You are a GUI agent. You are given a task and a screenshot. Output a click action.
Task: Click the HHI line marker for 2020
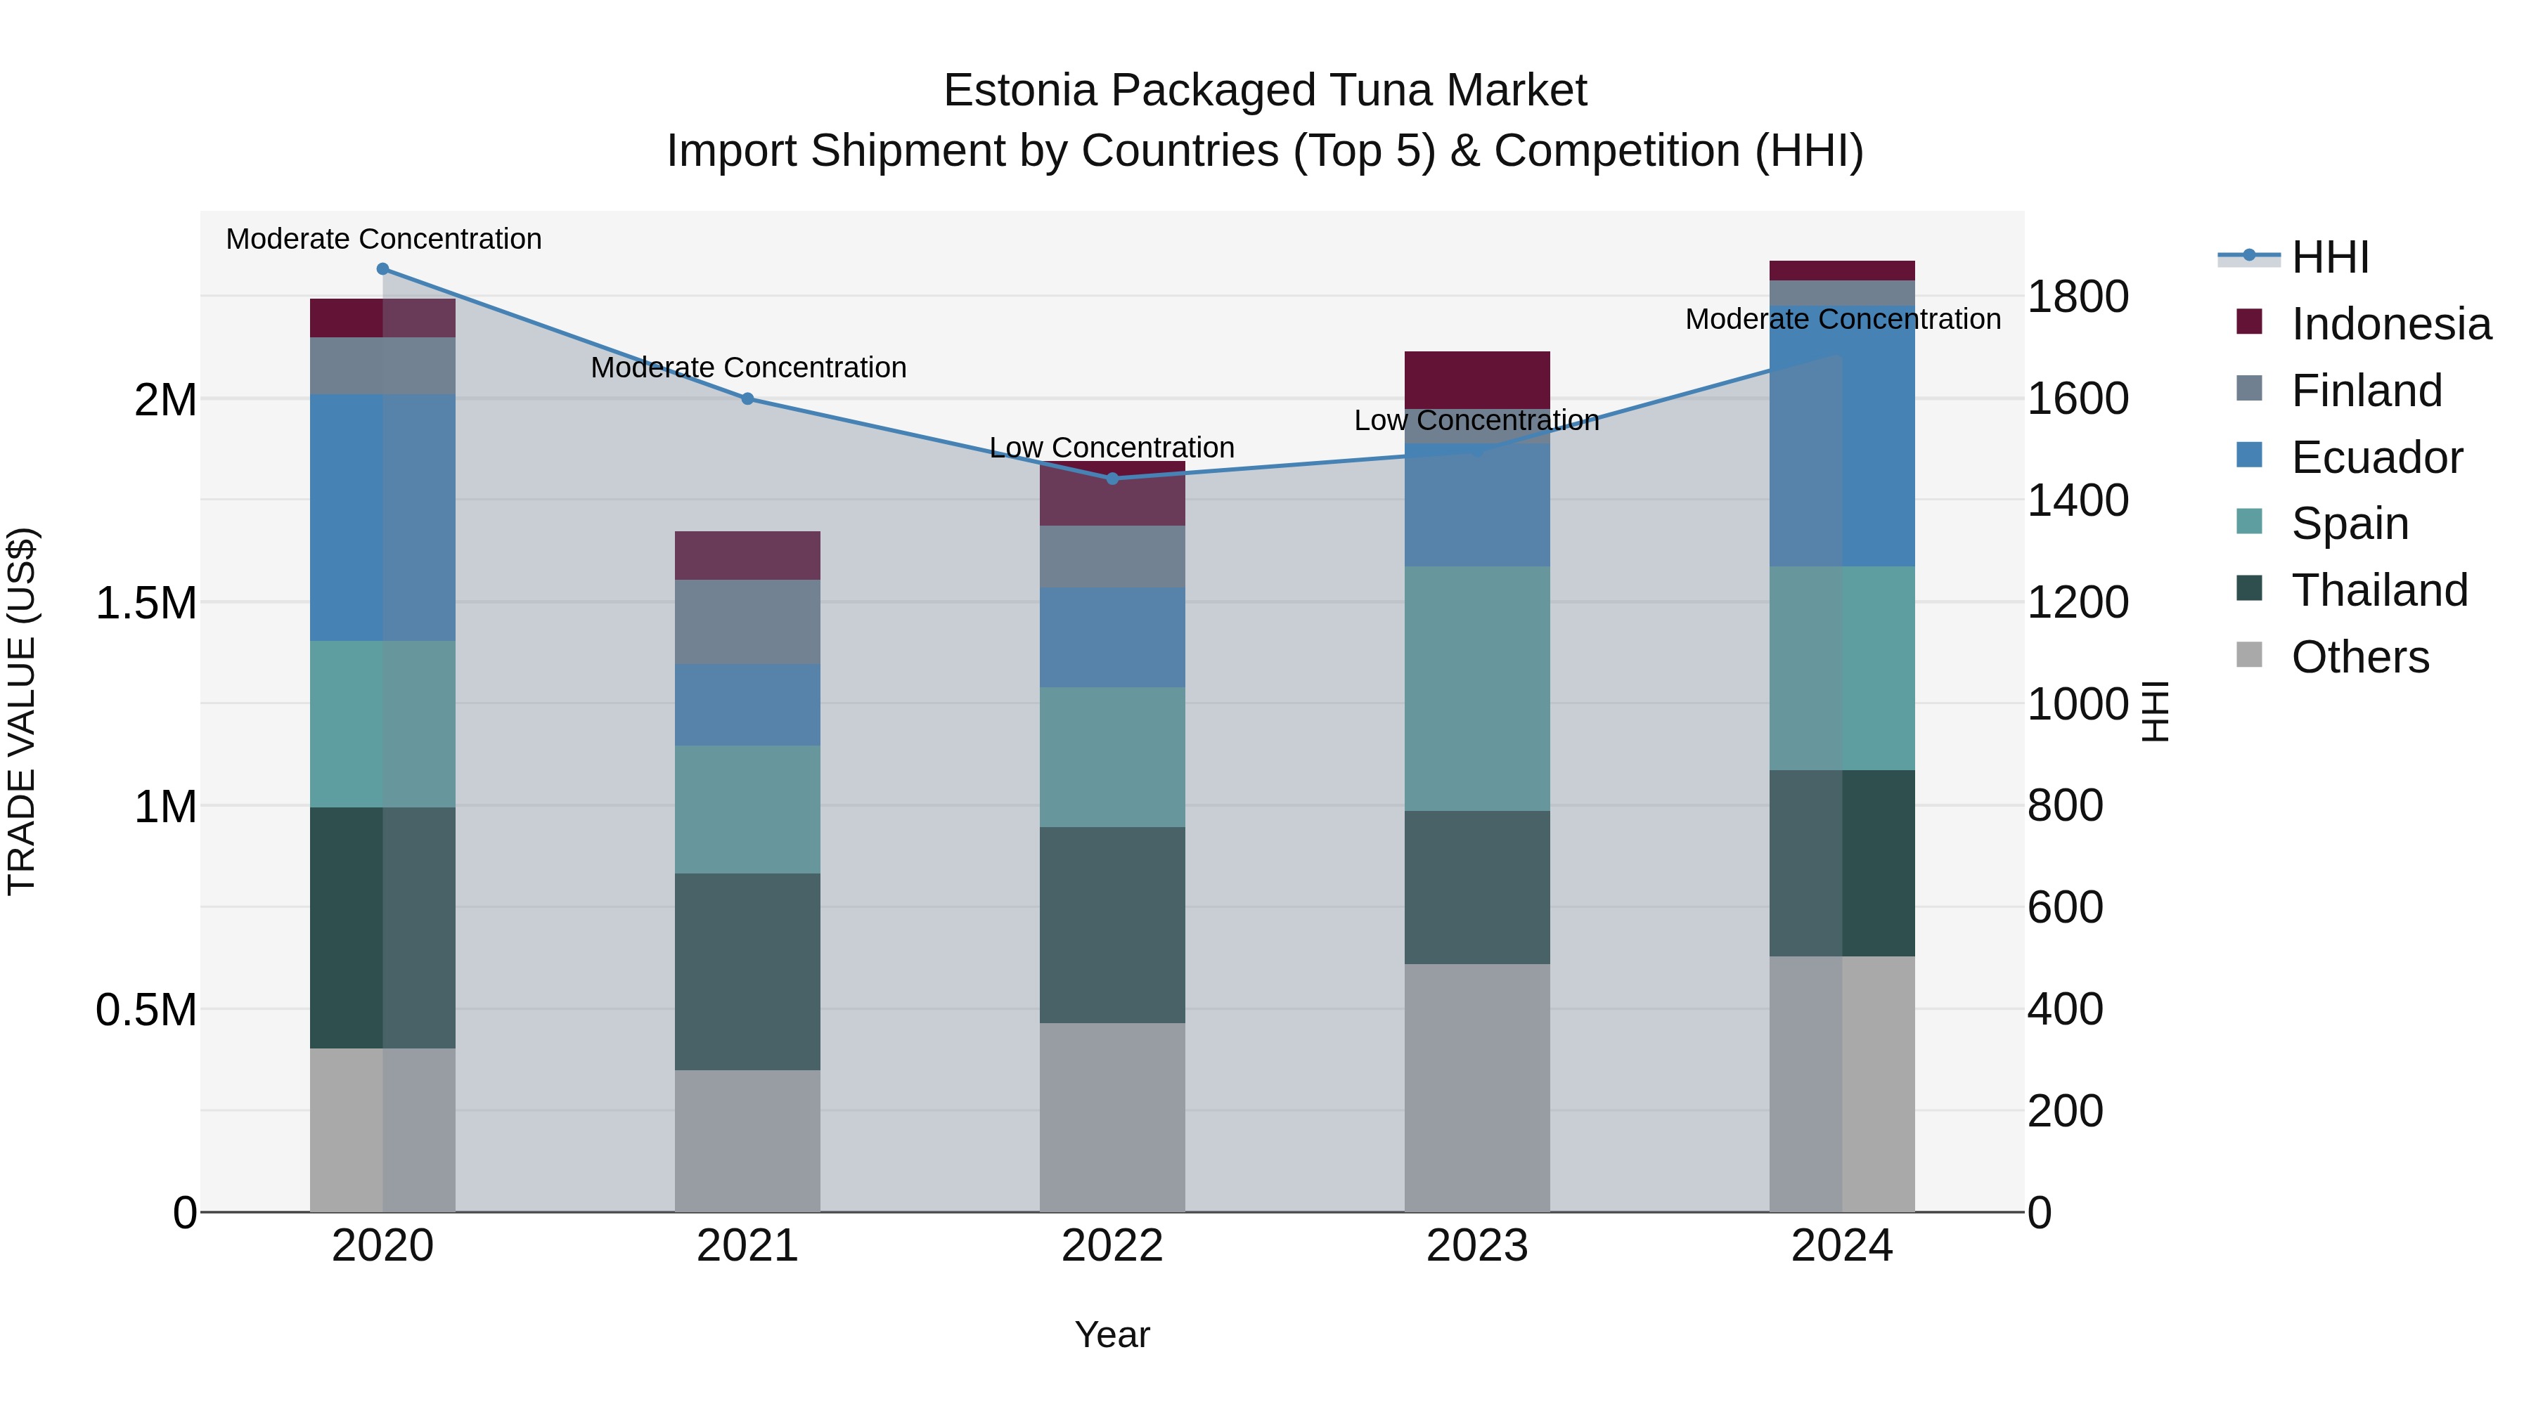click(x=382, y=269)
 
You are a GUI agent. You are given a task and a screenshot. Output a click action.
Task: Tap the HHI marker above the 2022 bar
click(x=1112, y=479)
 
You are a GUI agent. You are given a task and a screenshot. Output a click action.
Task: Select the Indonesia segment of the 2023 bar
click(x=1476, y=378)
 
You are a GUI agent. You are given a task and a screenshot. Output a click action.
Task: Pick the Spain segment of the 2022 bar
click(x=1112, y=756)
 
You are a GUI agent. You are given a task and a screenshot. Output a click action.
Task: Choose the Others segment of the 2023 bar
click(x=1476, y=1087)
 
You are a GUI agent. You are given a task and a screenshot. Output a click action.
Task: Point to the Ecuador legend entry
click(x=2377, y=457)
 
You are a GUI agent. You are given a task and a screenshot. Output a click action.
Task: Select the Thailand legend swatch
click(x=2249, y=590)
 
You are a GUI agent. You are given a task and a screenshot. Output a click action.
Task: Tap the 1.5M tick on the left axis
click(x=146, y=603)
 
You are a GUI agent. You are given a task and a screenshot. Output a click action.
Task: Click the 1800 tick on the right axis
click(x=2077, y=297)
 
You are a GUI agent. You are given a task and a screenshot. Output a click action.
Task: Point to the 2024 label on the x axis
click(x=1841, y=1246)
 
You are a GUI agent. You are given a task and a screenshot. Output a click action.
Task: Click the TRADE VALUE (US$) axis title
click(x=22, y=711)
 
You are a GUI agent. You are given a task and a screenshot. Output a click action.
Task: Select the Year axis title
click(x=1112, y=1334)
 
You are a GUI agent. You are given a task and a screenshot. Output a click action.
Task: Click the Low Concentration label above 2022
click(x=1112, y=448)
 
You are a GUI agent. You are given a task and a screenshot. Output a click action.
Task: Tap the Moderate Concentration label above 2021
click(x=748, y=368)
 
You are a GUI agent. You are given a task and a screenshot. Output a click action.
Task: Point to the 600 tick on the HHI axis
click(x=2064, y=907)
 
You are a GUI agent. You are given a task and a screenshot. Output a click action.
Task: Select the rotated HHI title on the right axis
click(x=2155, y=711)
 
